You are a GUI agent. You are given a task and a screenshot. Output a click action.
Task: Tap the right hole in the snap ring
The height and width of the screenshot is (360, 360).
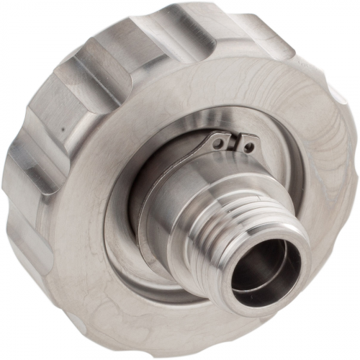[x=248, y=147]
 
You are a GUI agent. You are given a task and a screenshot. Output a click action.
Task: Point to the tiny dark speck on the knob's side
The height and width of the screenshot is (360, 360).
[x=63, y=131]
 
